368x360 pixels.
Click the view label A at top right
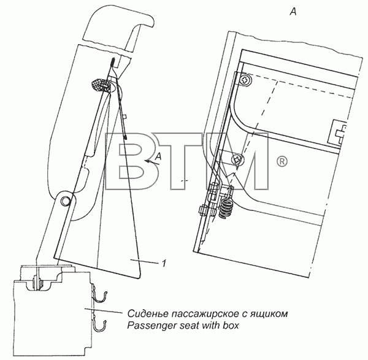point(293,11)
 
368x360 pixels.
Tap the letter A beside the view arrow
point(159,156)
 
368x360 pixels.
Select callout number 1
point(164,263)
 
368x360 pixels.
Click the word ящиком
point(269,314)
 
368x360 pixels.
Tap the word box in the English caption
point(230,325)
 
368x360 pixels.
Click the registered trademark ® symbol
point(282,162)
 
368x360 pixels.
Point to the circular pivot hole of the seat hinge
point(65,201)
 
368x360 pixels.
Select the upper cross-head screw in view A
point(245,80)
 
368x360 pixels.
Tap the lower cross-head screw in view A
point(237,160)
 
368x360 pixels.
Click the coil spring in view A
point(226,207)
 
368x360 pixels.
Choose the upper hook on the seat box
point(100,294)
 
